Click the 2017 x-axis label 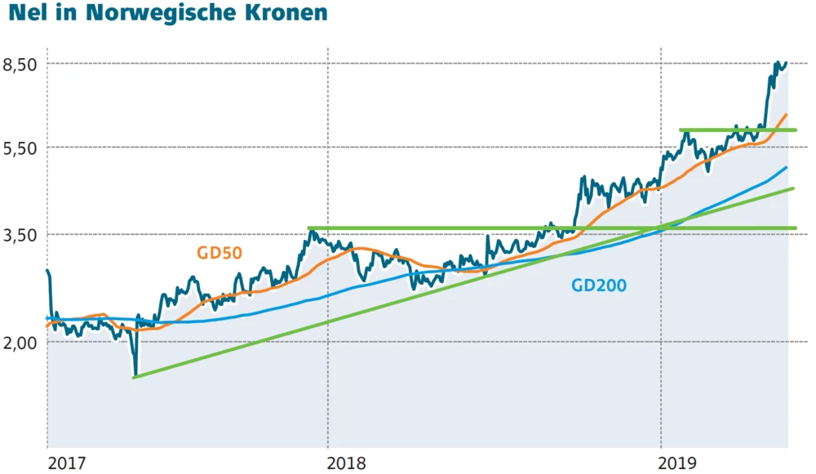click(x=66, y=463)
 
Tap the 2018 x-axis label click(x=346, y=463)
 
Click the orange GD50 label click(x=219, y=253)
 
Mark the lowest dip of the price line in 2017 click(x=135, y=374)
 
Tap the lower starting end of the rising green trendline click(x=134, y=377)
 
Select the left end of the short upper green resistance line click(x=681, y=131)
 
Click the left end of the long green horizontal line click(x=308, y=228)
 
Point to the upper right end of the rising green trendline click(x=793, y=188)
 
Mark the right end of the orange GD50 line click(x=787, y=115)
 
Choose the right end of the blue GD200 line click(x=787, y=167)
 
